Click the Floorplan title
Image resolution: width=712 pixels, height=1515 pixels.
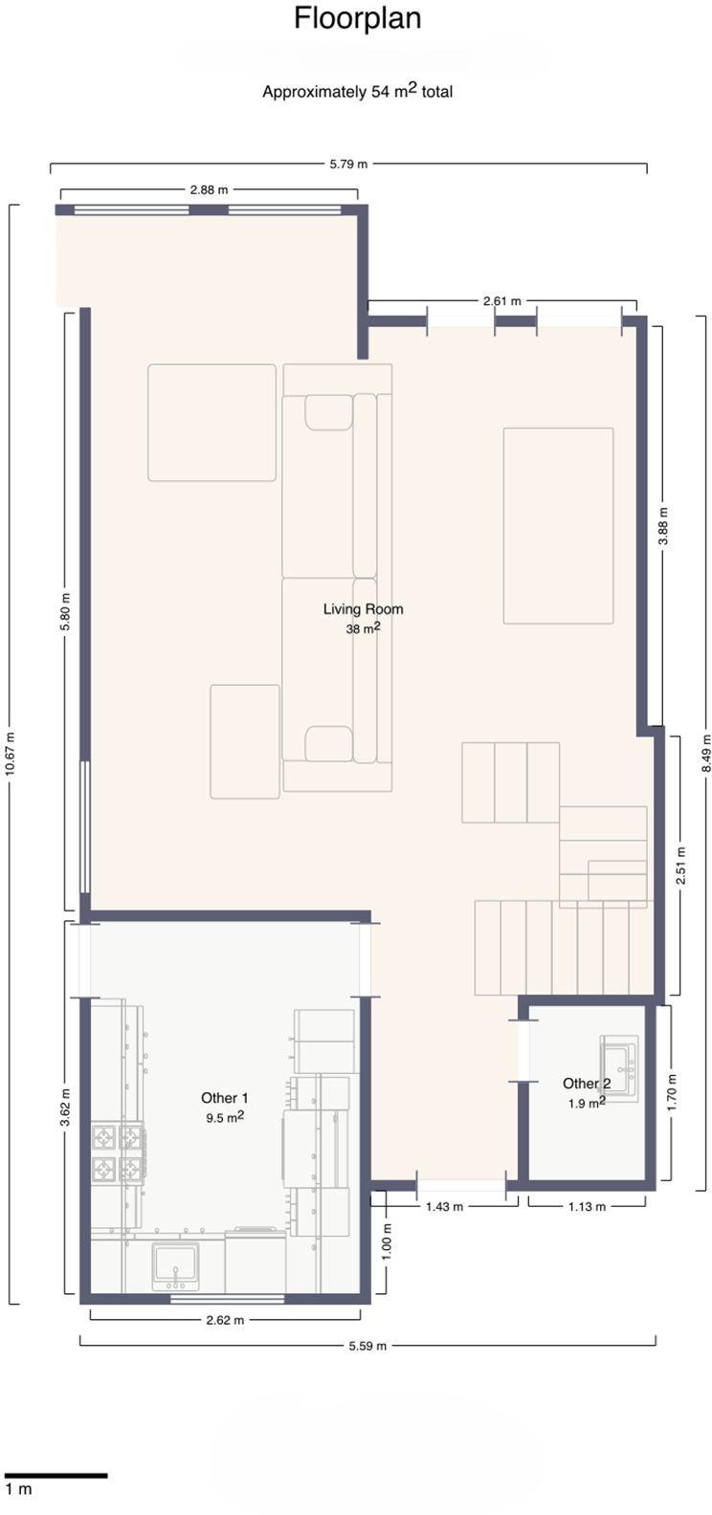pos(357,18)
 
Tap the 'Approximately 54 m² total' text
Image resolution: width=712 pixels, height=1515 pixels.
pos(357,91)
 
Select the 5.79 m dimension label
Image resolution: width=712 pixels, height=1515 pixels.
pos(348,164)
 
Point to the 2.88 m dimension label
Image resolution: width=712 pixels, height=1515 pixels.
pos(210,190)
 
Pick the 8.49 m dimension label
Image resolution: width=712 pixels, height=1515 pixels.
pos(706,753)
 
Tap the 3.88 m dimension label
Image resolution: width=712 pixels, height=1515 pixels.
pos(663,526)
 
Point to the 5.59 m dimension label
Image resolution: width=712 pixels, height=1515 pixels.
pos(367,1365)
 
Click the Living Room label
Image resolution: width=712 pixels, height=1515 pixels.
pos(363,608)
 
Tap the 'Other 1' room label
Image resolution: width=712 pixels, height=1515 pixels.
pos(225,1098)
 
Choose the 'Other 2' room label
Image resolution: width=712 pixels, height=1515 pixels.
pos(586,1083)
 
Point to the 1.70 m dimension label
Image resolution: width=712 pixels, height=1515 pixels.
pos(672,1093)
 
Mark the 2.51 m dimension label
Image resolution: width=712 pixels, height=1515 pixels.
pos(680,866)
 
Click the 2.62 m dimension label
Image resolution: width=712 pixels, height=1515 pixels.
pos(226,1320)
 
